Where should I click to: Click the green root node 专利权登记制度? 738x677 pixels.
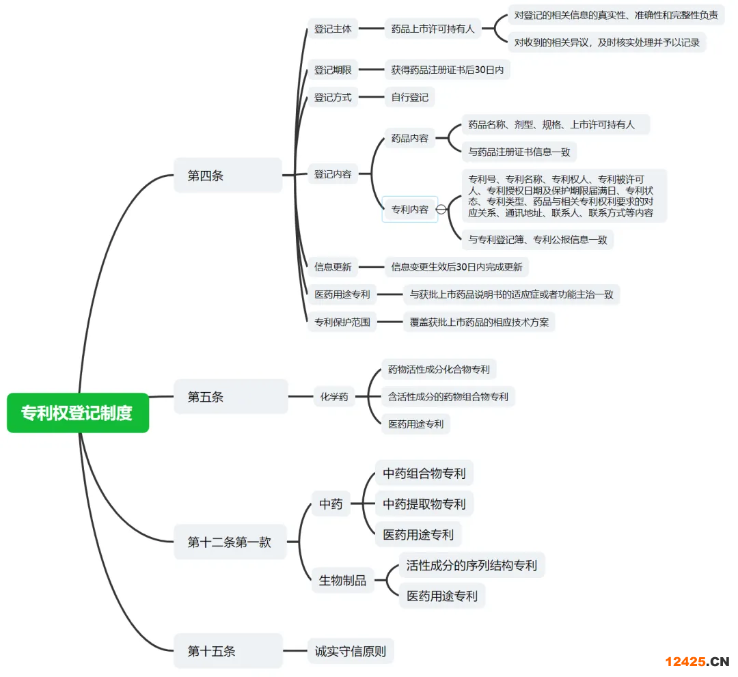pos(77,413)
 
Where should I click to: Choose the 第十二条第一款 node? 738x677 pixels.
pos(230,542)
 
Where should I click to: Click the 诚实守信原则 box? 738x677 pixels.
pos(351,651)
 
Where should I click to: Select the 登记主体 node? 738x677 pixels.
pos(333,29)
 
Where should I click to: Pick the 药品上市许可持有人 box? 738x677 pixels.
pos(433,29)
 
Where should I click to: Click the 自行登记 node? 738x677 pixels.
pos(409,98)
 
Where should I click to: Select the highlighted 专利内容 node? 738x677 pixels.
pos(409,210)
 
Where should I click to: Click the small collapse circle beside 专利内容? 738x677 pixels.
pos(441,210)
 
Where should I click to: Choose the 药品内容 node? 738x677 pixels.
pos(409,139)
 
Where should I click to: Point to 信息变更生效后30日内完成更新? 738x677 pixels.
pos(456,267)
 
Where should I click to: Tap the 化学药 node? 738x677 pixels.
pos(334,397)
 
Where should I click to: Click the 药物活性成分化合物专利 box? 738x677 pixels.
pos(439,370)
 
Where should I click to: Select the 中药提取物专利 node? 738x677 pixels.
pos(424,504)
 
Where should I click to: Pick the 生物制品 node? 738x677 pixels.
pos(342,581)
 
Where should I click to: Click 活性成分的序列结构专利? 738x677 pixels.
pos(471,566)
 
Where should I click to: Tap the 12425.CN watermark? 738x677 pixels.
pos(697,661)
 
